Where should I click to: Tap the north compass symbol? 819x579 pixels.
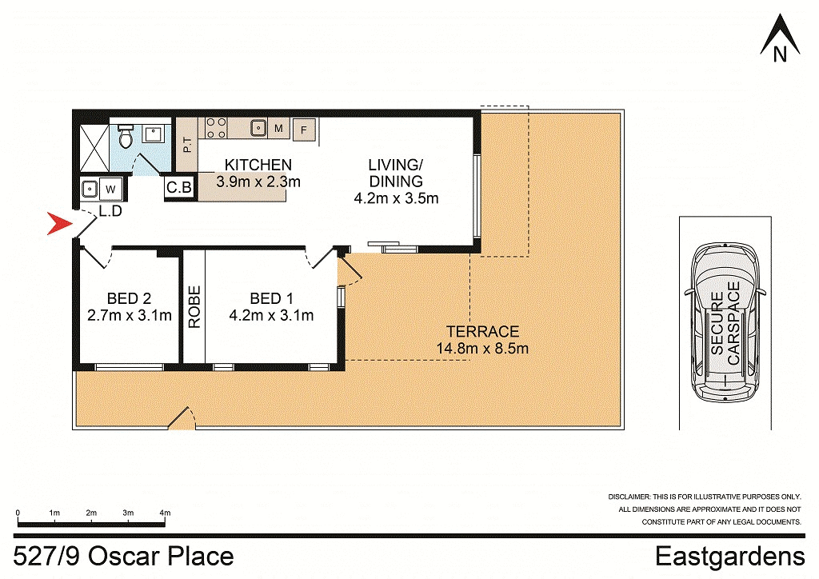[x=780, y=38]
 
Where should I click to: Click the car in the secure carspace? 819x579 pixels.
[x=726, y=322]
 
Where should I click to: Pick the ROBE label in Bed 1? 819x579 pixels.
[x=194, y=307]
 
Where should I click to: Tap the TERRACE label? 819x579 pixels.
[x=482, y=331]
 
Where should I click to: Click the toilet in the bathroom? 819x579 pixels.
[x=124, y=139]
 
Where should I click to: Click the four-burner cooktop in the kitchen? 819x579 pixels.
[x=216, y=128]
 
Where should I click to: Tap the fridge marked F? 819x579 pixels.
[x=304, y=129]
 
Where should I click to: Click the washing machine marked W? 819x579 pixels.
[x=110, y=190]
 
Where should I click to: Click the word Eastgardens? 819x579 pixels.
[x=729, y=557]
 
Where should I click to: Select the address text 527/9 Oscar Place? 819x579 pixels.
[x=125, y=557]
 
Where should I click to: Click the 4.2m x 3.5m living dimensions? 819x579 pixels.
[x=395, y=198]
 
